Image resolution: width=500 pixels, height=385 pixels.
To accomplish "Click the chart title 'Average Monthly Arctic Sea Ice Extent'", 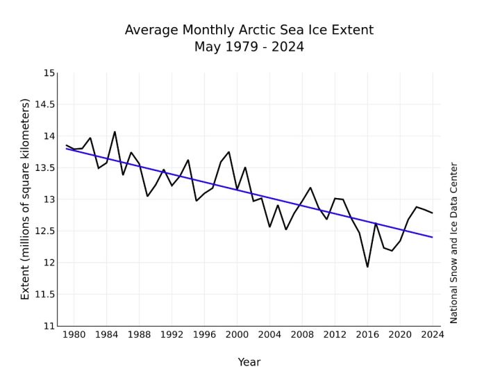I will (x=249, y=31).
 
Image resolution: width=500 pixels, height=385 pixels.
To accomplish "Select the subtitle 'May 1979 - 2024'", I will (x=249, y=47).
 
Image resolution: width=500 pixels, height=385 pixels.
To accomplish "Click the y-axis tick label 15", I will (x=49, y=73).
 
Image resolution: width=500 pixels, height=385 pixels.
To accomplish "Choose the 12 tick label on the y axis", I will (x=49, y=263).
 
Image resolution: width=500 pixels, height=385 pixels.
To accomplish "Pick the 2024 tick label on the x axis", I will (x=433, y=334).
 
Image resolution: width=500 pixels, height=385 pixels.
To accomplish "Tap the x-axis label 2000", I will (x=237, y=334).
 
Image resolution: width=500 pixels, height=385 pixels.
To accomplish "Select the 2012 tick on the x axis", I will (x=335, y=334).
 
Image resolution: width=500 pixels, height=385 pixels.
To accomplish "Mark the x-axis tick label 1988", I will (x=139, y=334).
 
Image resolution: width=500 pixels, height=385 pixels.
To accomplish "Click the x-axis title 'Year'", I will (x=249, y=362).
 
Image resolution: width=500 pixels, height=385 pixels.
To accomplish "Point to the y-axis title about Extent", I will (x=26, y=199).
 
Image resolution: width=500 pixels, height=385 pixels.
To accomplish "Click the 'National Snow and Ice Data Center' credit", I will (x=454, y=243).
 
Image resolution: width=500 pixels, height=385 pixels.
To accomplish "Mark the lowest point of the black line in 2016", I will (x=367, y=267).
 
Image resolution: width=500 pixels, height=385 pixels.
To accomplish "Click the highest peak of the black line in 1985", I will (x=115, y=132).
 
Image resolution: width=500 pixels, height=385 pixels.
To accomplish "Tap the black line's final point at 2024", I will (x=433, y=213).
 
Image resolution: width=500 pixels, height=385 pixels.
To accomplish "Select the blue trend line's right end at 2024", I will (x=433, y=238).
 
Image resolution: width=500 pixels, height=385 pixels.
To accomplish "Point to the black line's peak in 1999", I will (x=228, y=151).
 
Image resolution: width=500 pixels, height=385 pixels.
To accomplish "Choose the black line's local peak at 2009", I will (x=310, y=188).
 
